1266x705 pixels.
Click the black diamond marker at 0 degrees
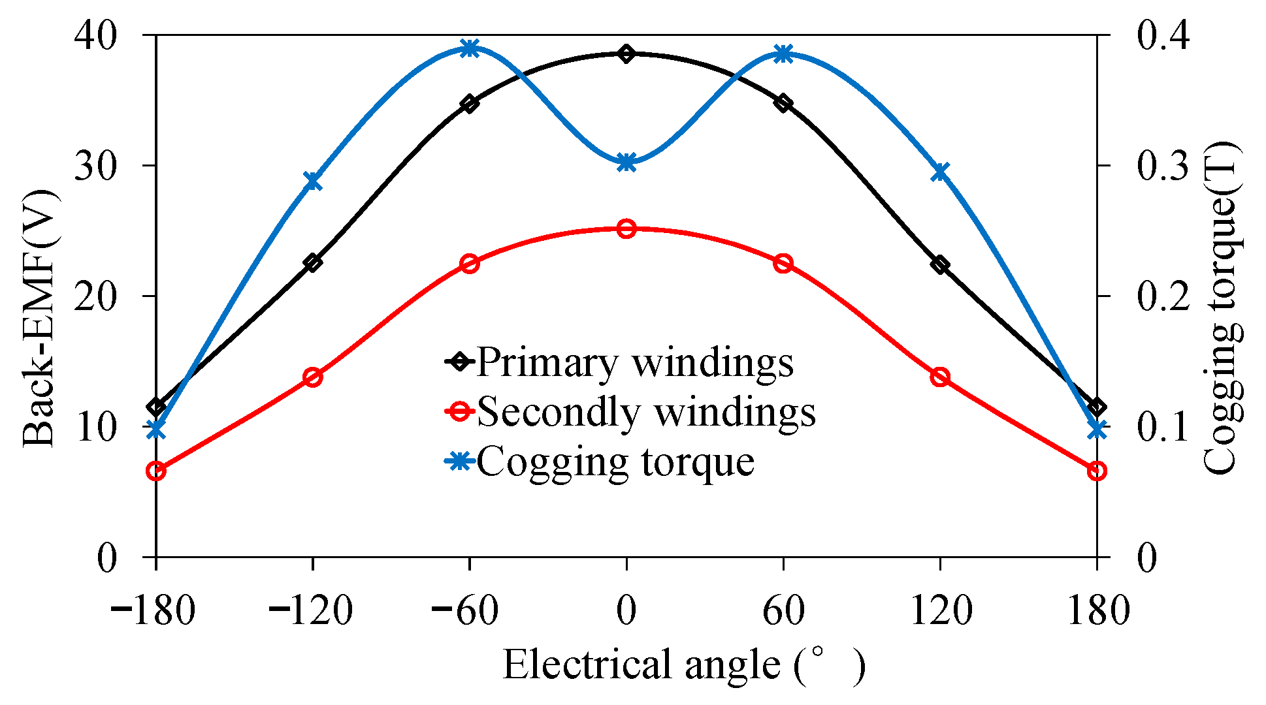(626, 54)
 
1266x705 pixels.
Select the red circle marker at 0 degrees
(626, 229)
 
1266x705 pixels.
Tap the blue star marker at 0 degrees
(626, 163)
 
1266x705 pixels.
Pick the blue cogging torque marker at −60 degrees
(470, 48)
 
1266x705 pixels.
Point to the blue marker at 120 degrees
(940, 172)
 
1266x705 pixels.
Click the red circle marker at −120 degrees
(313, 377)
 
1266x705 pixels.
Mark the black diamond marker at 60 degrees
(783, 103)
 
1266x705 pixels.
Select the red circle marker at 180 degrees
(1097, 471)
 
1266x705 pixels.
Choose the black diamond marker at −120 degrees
(313, 263)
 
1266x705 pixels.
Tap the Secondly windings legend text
(646, 412)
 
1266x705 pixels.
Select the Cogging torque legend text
(615, 462)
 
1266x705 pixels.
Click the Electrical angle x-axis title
(683, 665)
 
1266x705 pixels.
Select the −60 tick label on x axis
(465, 612)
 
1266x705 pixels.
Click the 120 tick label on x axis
(940, 612)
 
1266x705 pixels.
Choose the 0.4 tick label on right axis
(1163, 36)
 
